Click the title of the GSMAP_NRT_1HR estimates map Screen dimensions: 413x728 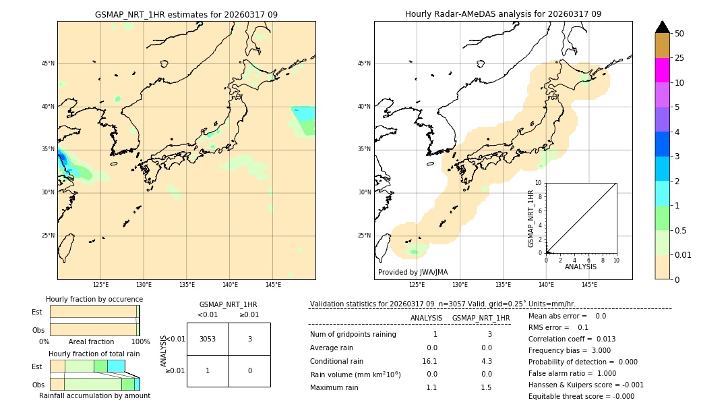pos(186,14)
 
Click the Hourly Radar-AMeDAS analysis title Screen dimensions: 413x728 pos(503,14)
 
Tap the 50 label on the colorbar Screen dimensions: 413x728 pos(679,34)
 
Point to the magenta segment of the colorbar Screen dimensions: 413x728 pos(662,70)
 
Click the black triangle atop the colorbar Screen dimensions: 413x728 pos(662,27)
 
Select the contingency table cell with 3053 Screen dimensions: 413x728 pos(208,339)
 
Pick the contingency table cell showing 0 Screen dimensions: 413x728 pos(249,370)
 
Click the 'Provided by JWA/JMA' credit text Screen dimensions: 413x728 pos(413,272)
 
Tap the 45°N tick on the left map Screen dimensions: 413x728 pos(48,63)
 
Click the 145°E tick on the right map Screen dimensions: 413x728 pos(589,285)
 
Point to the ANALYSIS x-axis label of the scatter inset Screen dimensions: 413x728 pos(580,267)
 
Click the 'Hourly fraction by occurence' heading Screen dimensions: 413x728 pos(94,299)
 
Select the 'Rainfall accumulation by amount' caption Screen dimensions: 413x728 pos(94,395)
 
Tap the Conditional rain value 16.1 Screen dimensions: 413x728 pos(430,361)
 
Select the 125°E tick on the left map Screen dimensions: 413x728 pos(100,285)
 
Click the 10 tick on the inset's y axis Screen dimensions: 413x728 pos(538,183)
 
